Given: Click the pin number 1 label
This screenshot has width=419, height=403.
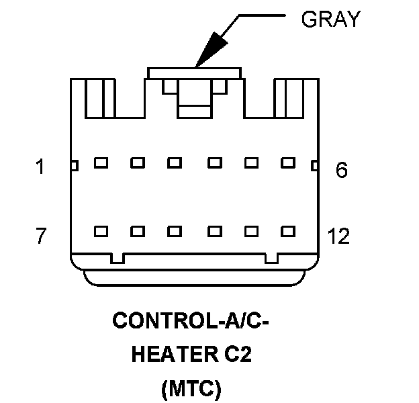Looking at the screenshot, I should (40, 167).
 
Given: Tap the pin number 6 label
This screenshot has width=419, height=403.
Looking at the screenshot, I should (342, 170).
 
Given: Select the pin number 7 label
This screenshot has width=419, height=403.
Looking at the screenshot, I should (41, 236).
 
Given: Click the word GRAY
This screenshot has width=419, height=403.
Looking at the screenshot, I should (331, 19).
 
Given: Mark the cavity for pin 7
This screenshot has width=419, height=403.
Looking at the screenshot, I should (101, 232).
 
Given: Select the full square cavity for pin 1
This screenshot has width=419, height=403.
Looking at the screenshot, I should (101, 163).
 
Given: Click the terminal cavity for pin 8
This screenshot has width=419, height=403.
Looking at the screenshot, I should (138, 232).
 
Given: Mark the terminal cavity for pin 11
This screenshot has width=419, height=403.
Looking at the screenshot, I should (251, 232).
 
